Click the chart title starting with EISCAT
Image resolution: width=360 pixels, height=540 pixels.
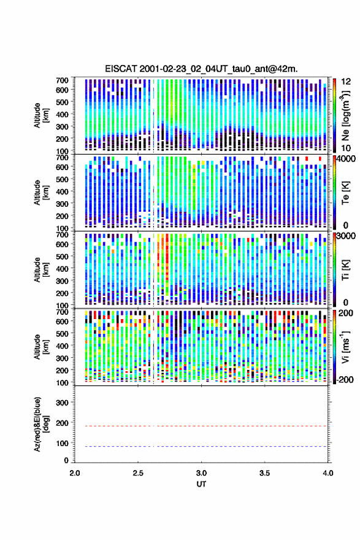(x=201, y=69)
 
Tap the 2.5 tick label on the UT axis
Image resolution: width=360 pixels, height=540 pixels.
(x=138, y=473)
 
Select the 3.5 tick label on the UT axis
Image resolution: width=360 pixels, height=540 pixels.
(x=265, y=473)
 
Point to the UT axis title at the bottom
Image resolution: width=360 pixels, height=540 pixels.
(x=201, y=484)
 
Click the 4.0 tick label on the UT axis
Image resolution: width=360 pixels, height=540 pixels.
(x=328, y=473)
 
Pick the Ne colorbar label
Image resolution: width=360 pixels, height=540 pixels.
(x=345, y=116)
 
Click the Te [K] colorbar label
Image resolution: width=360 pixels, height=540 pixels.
(x=345, y=193)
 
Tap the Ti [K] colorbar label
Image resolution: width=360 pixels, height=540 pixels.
(x=345, y=270)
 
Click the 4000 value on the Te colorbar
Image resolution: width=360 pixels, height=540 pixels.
(x=347, y=159)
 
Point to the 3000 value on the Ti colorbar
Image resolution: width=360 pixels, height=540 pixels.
(x=347, y=236)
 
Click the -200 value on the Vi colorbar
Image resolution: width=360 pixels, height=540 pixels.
(x=345, y=379)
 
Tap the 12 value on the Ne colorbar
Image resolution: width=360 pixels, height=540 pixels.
(x=346, y=82)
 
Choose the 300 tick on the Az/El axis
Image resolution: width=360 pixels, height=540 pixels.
(x=62, y=403)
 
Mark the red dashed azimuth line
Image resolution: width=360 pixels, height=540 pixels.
(x=201, y=426)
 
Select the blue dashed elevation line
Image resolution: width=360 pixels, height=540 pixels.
(x=201, y=446)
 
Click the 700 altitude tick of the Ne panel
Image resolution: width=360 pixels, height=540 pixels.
(x=62, y=80)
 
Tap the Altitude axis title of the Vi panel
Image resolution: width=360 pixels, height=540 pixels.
(x=41, y=347)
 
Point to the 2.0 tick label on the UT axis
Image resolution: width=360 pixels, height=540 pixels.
(x=75, y=473)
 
